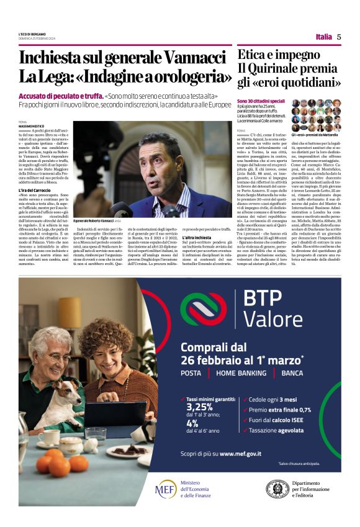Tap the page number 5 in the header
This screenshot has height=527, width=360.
pyautogui.click(x=339, y=37)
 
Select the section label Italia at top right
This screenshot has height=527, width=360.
pyautogui.click(x=323, y=37)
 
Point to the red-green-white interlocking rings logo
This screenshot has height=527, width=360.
pyautogui.click(x=205, y=309)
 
